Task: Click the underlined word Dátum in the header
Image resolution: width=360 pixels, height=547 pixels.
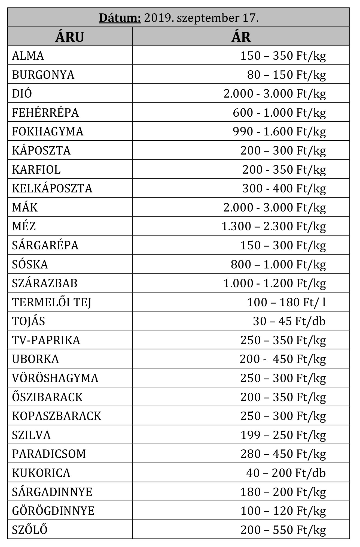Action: point(120,18)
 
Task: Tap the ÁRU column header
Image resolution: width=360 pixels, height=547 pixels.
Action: point(70,37)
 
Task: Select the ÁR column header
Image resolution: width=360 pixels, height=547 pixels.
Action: point(241,37)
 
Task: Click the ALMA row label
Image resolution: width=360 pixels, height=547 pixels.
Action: point(28,56)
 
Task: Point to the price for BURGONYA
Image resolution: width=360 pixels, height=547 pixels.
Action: point(286,75)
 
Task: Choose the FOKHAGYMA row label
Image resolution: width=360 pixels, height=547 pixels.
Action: point(48,131)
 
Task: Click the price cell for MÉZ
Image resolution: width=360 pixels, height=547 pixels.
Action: point(273,226)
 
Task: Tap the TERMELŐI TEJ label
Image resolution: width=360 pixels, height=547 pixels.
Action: point(51,302)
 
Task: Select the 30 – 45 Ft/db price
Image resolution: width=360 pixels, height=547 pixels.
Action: point(289,321)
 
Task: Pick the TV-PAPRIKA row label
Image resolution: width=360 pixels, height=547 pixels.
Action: point(46,340)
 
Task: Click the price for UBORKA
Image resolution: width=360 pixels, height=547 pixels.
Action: point(282,359)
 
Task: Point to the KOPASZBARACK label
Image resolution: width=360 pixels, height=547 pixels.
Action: point(57,416)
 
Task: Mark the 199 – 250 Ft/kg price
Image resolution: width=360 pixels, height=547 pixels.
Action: point(283,435)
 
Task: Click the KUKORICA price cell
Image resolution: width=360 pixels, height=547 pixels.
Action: point(286,473)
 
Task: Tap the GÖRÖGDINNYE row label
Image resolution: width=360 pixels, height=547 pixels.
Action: point(53,511)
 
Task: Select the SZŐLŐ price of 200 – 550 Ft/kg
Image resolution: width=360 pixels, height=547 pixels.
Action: point(283,530)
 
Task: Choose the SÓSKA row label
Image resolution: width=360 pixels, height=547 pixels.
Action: point(30,264)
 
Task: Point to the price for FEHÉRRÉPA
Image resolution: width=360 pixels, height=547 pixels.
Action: point(279,113)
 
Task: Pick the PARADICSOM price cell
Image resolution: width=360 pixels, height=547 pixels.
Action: point(283,454)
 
